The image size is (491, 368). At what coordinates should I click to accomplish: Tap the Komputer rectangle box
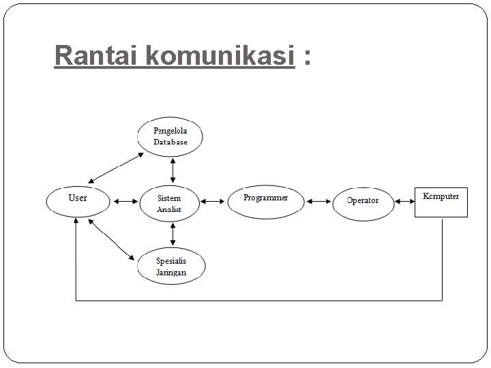tap(441, 200)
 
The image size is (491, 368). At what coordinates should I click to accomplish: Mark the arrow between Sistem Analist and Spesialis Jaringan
tap(173, 234)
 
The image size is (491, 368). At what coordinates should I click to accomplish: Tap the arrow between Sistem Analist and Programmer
tap(213, 201)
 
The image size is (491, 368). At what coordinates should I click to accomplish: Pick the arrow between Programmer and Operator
tap(318, 201)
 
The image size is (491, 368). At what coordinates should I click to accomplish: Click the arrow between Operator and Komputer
tap(405, 201)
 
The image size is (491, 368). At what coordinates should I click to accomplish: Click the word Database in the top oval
tap(170, 142)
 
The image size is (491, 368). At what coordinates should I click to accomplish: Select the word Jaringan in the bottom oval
tap(170, 272)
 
